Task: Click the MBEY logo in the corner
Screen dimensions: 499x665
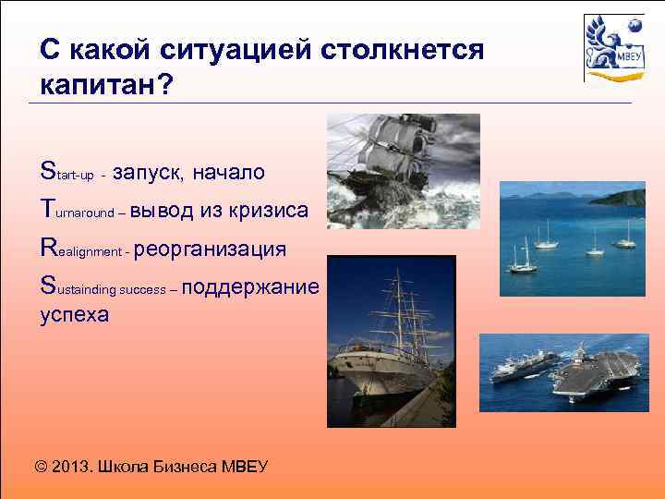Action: pyautogui.click(x=613, y=47)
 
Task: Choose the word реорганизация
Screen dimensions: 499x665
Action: pyautogui.click(x=212, y=249)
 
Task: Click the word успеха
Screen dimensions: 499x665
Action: pyautogui.click(x=74, y=314)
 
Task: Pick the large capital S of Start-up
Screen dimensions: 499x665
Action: pyautogui.click(x=48, y=171)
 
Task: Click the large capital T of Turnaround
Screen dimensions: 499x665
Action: pyautogui.click(x=48, y=210)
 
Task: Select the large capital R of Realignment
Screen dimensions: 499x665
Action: pyautogui.click(x=49, y=249)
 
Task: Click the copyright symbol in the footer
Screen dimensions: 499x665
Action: pyautogui.click(x=42, y=465)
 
